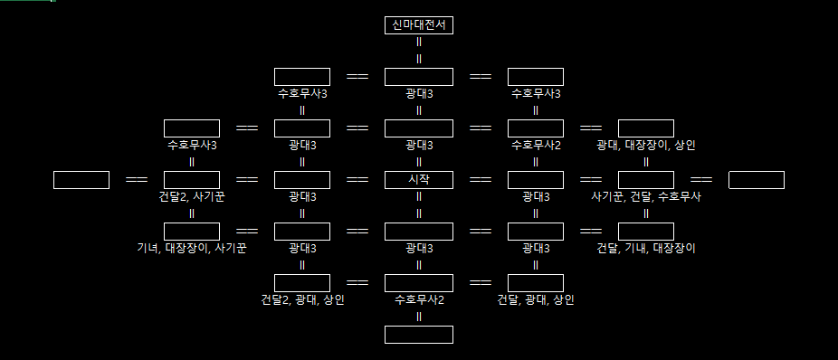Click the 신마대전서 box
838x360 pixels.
(418, 25)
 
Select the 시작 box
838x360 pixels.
(418, 180)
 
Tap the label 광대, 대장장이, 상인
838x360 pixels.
(645, 145)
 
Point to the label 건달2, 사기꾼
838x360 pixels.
(192, 196)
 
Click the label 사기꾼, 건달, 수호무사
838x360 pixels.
(645, 196)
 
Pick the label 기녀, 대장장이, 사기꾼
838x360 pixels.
(192, 247)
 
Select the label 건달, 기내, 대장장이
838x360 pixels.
(645, 247)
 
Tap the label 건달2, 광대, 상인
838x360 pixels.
(301, 298)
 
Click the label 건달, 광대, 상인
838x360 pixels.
(536, 298)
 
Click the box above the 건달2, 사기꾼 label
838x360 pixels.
(192, 180)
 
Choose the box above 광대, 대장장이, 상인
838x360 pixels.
(645, 128)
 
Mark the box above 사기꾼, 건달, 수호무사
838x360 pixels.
(645, 180)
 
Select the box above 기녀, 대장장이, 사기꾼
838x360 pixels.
(192, 232)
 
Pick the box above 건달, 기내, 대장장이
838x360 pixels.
(645, 232)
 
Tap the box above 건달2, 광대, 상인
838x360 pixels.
(301, 283)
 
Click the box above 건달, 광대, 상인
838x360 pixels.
(536, 283)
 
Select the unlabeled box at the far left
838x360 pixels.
(81, 180)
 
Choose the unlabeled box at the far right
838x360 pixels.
(756, 180)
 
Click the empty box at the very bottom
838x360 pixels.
(418, 335)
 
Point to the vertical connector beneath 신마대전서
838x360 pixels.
(418, 51)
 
